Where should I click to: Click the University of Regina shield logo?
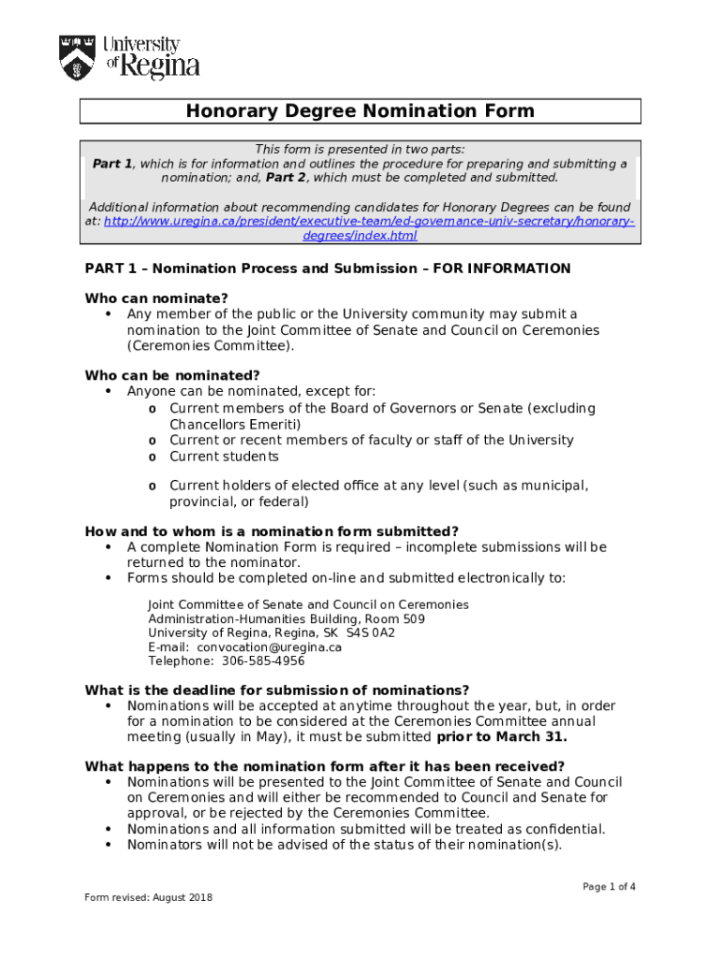pyautogui.click(x=77, y=57)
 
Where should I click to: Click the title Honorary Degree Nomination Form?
pyautogui.click(x=360, y=111)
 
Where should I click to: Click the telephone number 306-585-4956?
pyautogui.click(x=263, y=660)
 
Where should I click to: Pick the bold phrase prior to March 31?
pyautogui.click(x=502, y=736)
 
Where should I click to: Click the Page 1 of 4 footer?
pyautogui.click(x=610, y=886)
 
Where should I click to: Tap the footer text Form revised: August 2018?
pyautogui.click(x=148, y=898)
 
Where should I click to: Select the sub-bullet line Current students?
pyautogui.click(x=224, y=457)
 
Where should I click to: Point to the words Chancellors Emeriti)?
pyautogui.click(x=235, y=424)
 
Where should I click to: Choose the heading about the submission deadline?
pyautogui.click(x=277, y=690)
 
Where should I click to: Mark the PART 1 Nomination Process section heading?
pyautogui.click(x=328, y=269)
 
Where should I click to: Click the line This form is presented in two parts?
pyautogui.click(x=360, y=150)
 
